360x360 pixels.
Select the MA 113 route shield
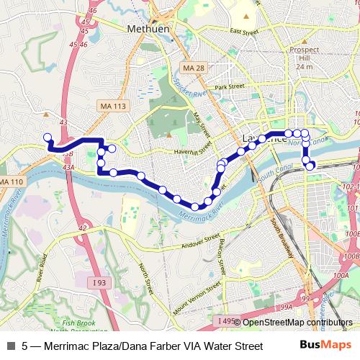point(113,106)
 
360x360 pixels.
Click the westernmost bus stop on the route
point(48,137)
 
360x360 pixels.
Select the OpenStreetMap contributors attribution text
point(297,322)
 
